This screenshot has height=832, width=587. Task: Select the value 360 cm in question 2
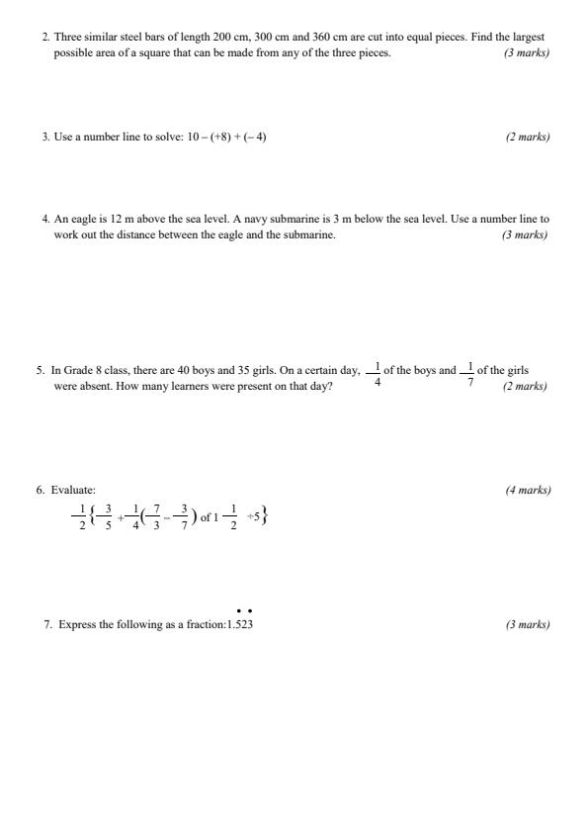click(x=329, y=37)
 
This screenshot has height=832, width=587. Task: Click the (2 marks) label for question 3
click(x=528, y=137)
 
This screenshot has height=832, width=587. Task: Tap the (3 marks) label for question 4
click(x=525, y=234)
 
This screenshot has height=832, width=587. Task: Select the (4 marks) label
click(x=528, y=490)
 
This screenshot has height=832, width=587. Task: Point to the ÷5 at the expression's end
click(x=254, y=516)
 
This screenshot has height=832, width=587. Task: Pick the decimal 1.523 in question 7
click(x=240, y=625)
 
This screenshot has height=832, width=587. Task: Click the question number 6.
click(x=41, y=490)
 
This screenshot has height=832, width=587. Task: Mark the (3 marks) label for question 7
click(x=528, y=625)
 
